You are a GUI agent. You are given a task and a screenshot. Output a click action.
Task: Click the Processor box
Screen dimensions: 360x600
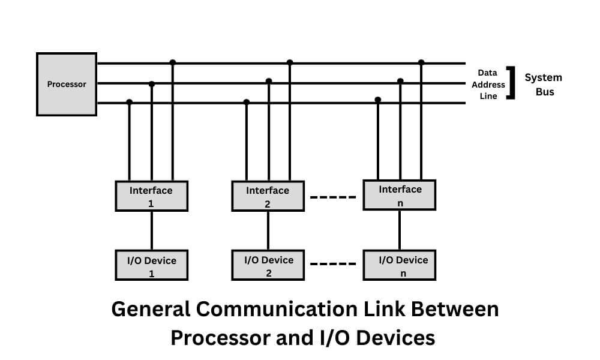pyautogui.click(x=67, y=84)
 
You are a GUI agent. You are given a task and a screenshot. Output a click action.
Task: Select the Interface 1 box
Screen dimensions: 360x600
pyautogui.click(x=151, y=197)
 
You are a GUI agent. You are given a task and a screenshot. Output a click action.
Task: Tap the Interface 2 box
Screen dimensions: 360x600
pyautogui.click(x=268, y=197)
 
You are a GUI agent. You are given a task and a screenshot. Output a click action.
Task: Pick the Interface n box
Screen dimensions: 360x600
pyautogui.click(x=400, y=195)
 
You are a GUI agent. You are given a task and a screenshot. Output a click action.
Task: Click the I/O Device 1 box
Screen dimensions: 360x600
pyautogui.click(x=151, y=266)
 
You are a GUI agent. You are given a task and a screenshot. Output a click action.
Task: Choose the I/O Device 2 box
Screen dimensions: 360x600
pyautogui.click(x=268, y=266)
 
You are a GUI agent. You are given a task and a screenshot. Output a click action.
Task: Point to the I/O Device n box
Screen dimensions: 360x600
pyautogui.click(x=400, y=266)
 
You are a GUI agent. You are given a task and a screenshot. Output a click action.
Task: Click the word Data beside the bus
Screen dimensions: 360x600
pyautogui.click(x=487, y=73)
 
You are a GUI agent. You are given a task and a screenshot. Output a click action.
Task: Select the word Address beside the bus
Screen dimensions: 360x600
pyautogui.click(x=488, y=85)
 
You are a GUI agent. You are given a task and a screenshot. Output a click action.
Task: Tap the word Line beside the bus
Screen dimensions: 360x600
pyautogui.click(x=488, y=96)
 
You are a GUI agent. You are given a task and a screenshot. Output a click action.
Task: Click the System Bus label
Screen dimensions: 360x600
pyautogui.click(x=543, y=85)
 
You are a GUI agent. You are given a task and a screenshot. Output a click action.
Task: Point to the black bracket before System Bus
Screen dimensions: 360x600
pyautogui.click(x=512, y=83)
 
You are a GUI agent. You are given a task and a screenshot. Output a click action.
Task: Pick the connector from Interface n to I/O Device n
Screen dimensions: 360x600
pyautogui.click(x=400, y=230)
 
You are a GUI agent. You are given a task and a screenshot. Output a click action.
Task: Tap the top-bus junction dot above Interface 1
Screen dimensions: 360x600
pyautogui.click(x=173, y=62)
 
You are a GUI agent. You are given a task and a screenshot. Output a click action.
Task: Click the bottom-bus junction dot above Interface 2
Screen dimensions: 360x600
pyautogui.click(x=246, y=102)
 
